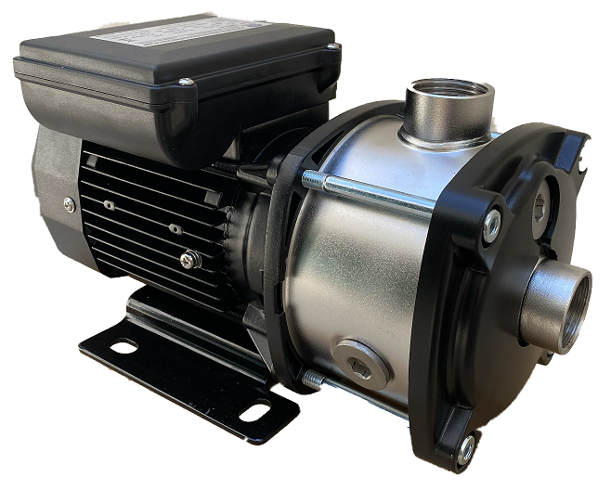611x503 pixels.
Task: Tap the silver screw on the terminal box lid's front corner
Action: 186,84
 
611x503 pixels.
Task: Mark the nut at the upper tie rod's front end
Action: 491,222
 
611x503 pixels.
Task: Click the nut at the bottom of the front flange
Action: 466,450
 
